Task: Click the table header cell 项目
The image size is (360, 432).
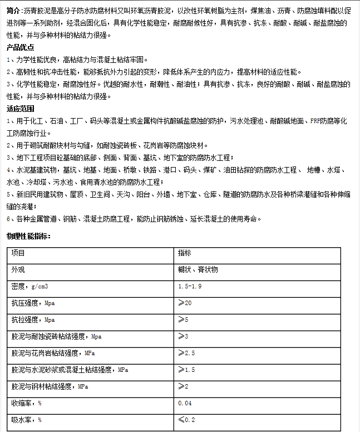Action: (x=18, y=253)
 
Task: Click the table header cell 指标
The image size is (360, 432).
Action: (x=185, y=253)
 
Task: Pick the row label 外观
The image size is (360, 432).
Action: (x=18, y=269)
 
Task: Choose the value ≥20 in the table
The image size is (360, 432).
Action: (x=185, y=303)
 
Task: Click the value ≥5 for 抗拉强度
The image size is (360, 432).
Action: (x=183, y=320)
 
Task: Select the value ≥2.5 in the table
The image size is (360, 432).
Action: (x=186, y=353)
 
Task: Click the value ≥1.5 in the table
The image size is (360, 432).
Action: (x=186, y=370)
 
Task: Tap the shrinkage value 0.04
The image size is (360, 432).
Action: (x=185, y=403)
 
